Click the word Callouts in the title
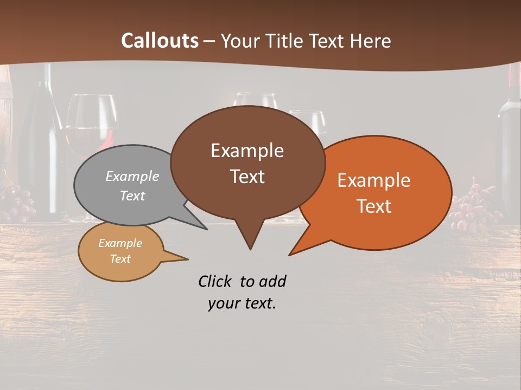tap(160, 41)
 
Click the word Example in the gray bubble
tap(132, 176)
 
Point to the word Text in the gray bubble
tap(132, 196)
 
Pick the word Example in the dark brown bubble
tap(247, 151)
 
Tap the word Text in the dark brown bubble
tap(247, 177)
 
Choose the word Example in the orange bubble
tap(374, 180)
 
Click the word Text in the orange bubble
tap(374, 206)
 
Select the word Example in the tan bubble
tap(120, 243)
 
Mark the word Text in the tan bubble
tap(120, 259)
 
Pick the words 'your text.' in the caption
tap(242, 303)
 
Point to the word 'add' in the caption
tap(272, 281)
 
